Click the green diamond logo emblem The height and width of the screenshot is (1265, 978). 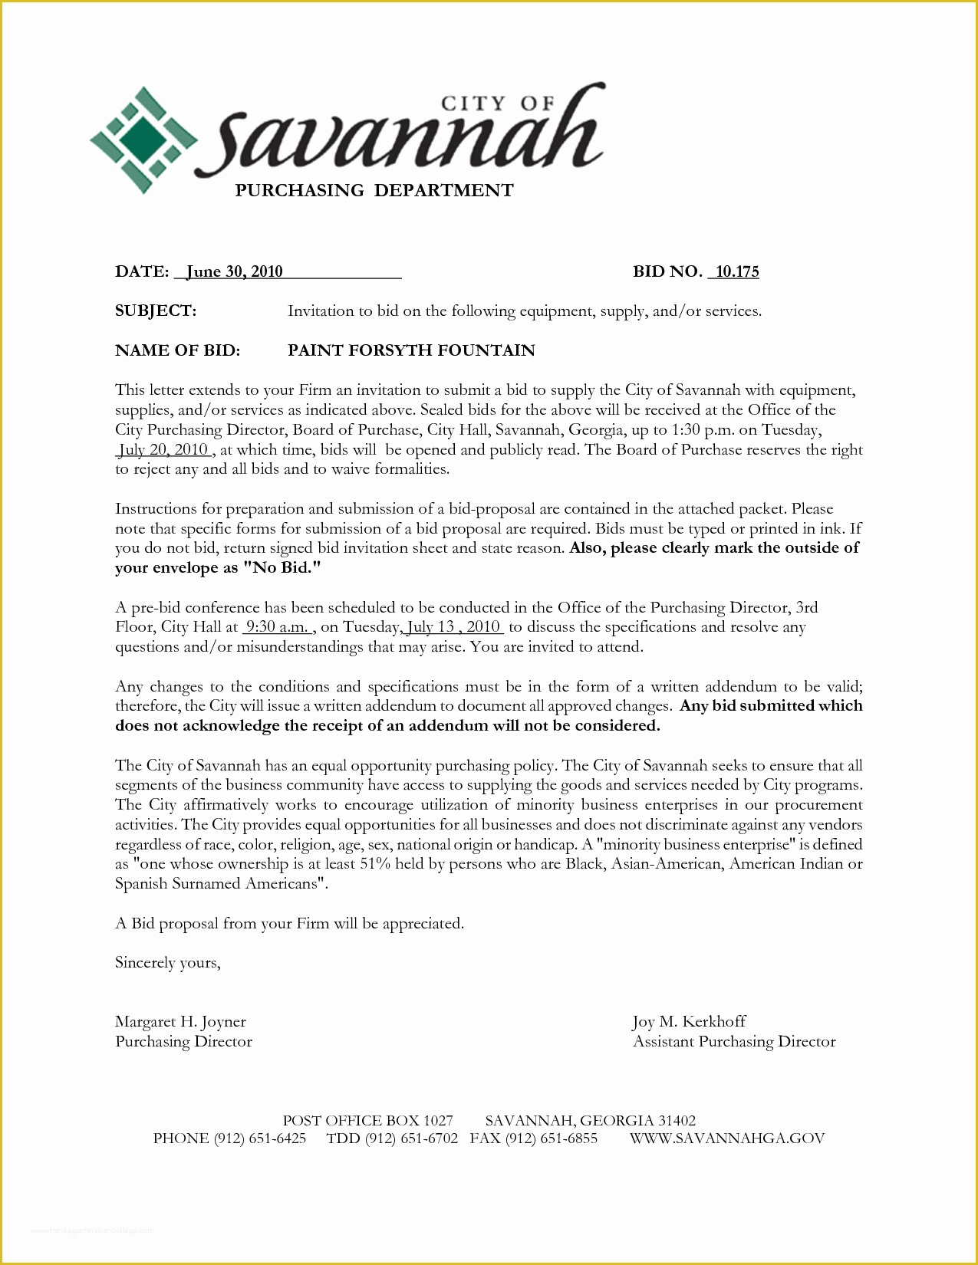pyautogui.click(x=143, y=140)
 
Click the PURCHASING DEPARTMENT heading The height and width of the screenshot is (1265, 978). pyautogui.click(x=374, y=191)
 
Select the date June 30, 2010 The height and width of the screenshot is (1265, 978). pyautogui.click(x=235, y=271)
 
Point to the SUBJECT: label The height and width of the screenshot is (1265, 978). pyautogui.click(x=156, y=310)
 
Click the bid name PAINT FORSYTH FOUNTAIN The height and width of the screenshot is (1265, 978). pyautogui.click(x=411, y=350)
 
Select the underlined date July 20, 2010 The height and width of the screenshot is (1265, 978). pyautogui.click(x=164, y=449)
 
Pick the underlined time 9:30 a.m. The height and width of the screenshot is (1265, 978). pyautogui.click(x=277, y=627)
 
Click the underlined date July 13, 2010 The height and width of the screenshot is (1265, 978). pyautogui.click(x=453, y=627)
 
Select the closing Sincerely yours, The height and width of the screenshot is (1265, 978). pyautogui.click(x=168, y=963)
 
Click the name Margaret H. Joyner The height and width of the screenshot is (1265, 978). pyautogui.click(x=180, y=1022)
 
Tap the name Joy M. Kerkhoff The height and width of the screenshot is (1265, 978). pyautogui.click(x=689, y=1022)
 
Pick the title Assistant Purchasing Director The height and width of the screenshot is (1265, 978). pyautogui.click(x=734, y=1042)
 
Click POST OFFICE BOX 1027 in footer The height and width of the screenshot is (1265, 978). pyautogui.click(x=367, y=1120)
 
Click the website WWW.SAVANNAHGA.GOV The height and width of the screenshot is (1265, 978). pyautogui.click(x=727, y=1138)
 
